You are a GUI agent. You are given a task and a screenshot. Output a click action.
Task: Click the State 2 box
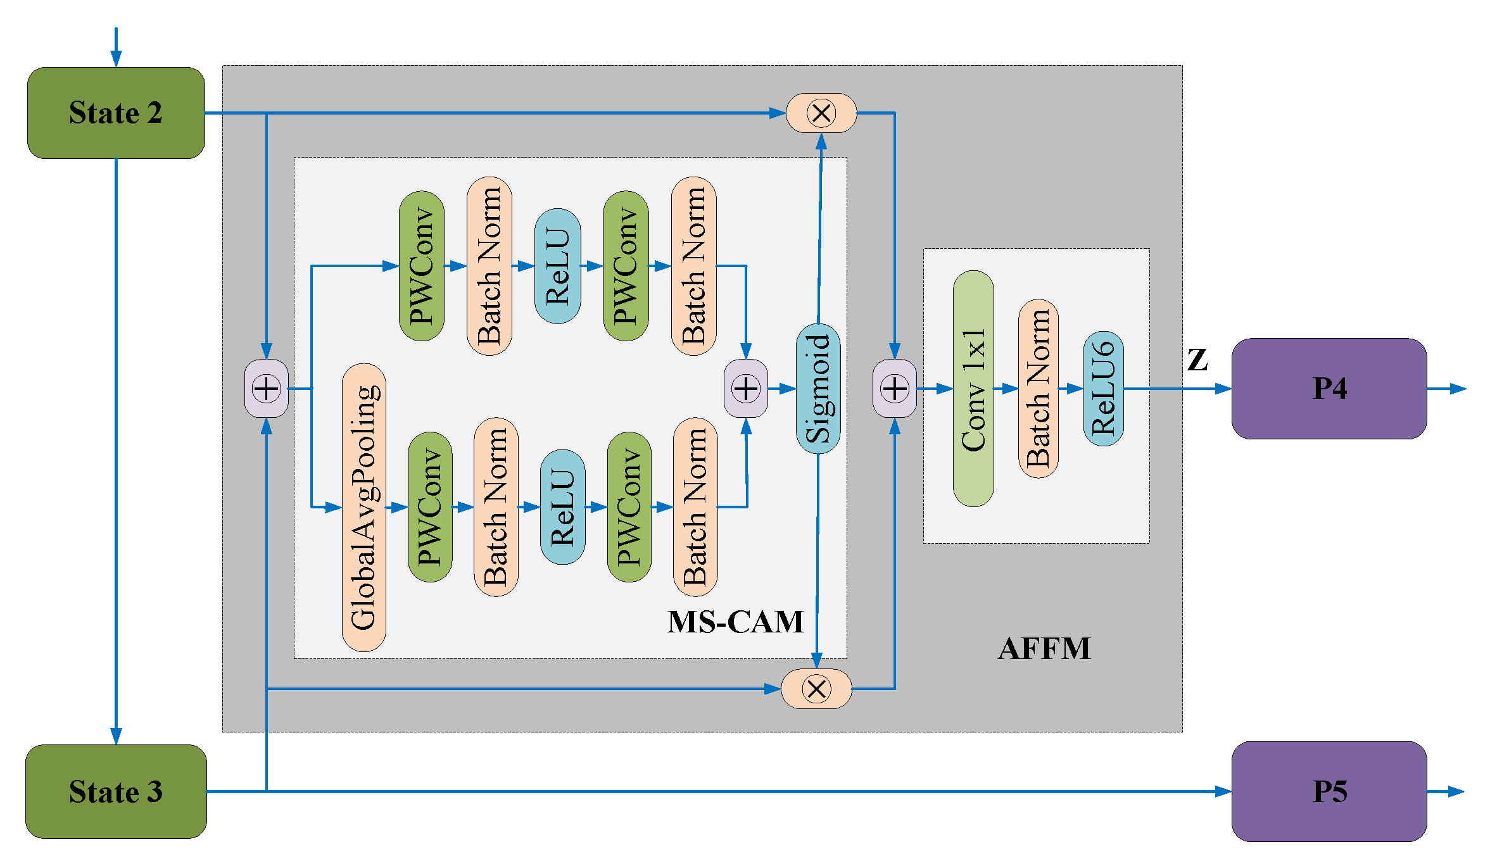coord(116,113)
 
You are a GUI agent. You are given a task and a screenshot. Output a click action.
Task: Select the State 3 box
coord(116,791)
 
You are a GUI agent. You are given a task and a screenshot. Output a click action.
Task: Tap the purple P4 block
coord(1329,388)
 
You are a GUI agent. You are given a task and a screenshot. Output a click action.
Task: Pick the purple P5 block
coord(1329,791)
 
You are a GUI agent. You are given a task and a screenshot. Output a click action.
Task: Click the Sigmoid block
coord(818,388)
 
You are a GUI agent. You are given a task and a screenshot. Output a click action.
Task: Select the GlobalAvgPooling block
coord(363,507)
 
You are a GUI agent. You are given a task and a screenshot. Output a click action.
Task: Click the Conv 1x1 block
coord(973,388)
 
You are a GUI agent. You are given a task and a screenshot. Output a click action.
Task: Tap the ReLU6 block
coord(1103,388)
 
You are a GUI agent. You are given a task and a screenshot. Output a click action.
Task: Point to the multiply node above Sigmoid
coord(821,113)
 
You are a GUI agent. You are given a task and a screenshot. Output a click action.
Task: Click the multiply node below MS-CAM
coord(816,689)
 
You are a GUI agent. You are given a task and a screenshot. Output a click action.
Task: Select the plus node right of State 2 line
coord(267,388)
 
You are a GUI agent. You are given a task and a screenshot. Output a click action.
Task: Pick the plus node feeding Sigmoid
coord(746,388)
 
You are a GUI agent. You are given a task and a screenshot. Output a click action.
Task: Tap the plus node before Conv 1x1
coord(894,388)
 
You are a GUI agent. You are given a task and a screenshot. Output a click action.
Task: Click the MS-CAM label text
coord(735,622)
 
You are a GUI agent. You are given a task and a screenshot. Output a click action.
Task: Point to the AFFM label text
coord(1044,649)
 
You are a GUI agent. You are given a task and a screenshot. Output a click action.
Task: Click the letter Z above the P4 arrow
coord(1197,360)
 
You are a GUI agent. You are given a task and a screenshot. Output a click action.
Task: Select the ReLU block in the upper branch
coord(557,266)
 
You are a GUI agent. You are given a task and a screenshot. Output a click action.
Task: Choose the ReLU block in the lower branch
coord(562,507)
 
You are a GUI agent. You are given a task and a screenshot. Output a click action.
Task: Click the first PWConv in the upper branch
coord(421,266)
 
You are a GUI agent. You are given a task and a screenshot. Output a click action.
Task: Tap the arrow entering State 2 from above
coord(116,48)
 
